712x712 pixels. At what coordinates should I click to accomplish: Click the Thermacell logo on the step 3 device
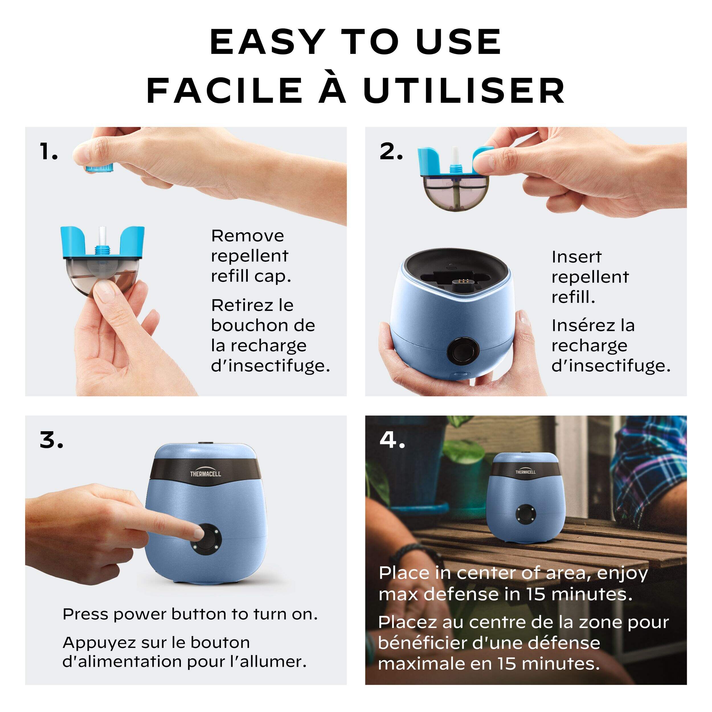[205, 474]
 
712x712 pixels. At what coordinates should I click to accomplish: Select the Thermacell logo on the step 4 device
[525, 472]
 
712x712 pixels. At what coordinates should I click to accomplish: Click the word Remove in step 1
[247, 236]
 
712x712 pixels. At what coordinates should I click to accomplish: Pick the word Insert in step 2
[576, 257]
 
